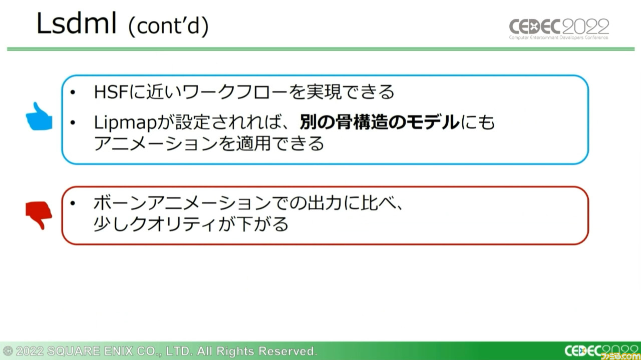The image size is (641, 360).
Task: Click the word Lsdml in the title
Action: click(77, 23)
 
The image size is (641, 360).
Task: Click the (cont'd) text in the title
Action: click(169, 25)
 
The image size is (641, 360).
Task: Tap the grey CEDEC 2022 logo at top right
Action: click(559, 29)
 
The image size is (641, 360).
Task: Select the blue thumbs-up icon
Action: click(39, 116)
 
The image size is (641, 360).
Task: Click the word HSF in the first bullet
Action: click(111, 92)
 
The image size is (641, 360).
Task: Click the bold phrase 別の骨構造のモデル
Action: click(380, 122)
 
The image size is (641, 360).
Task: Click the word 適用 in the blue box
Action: click(253, 143)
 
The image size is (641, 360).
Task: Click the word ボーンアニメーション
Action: click(182, 203)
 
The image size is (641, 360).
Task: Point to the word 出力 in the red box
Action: click(324, 203)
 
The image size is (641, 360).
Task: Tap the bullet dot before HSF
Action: click(73, 92)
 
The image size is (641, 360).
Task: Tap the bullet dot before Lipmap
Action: click(73, 122)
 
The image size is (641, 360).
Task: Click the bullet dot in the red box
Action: click(73, 203)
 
